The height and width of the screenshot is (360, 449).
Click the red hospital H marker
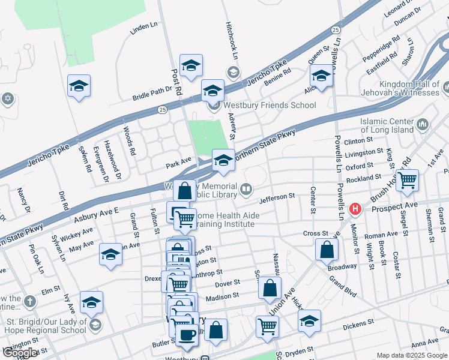[355, 209]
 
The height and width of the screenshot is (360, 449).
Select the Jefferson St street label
[277, 196]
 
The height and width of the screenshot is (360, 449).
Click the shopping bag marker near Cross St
[326, 250]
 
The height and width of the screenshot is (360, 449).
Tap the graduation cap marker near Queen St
[321, 76]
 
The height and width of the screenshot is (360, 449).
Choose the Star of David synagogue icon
[7, 98]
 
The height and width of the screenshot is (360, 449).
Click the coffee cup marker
[187, 334]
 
